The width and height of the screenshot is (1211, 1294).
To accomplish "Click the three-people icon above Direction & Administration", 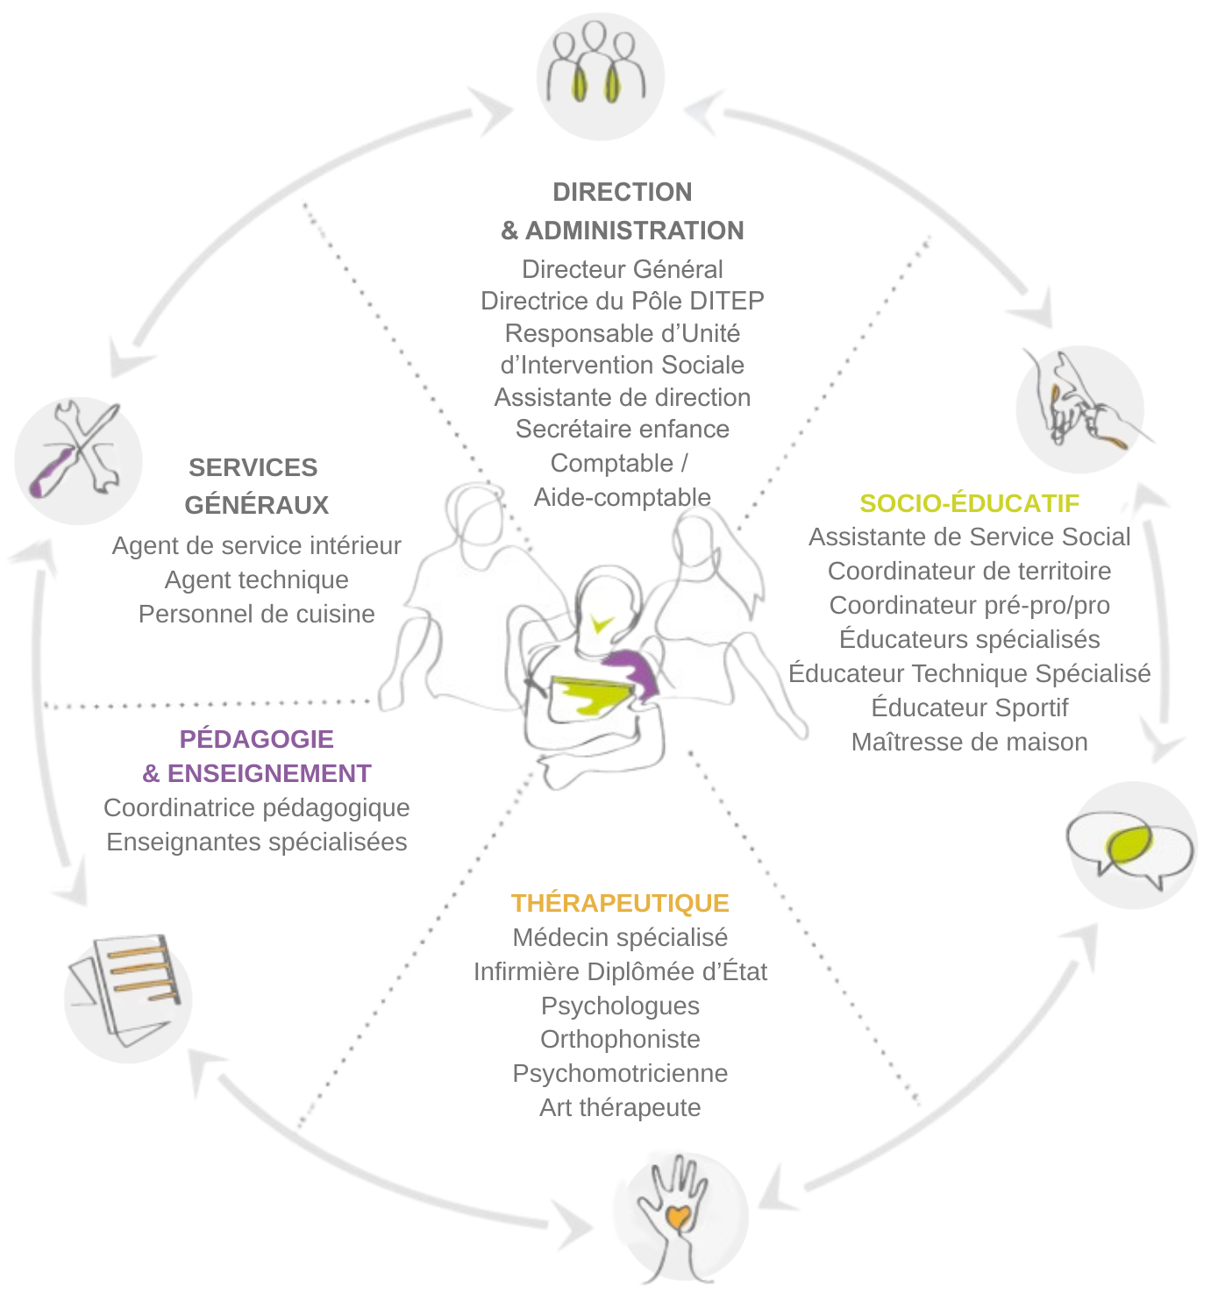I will click(x=600, y=75).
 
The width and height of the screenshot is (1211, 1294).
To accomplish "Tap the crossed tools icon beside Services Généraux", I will click(x=77, y=460).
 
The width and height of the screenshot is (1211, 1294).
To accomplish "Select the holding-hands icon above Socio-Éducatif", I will click(x=1079, y=409).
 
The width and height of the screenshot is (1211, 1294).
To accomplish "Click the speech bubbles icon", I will click(x=1132, y=844).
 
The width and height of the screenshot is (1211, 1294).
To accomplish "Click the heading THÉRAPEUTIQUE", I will click(x=620, y=903).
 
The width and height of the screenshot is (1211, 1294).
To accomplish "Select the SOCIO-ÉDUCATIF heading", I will click(x=969, y=503).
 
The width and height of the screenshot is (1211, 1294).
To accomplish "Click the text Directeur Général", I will click(x=622, y=269).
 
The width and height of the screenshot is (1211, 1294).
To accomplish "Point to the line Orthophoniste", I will click(x=620, y=1039).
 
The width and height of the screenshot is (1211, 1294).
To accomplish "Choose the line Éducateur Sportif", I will click(x=969, y=707).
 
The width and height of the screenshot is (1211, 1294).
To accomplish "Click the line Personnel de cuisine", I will click(x=256, y=614).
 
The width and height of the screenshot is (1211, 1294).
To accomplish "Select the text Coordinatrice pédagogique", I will click(x=256, y=807).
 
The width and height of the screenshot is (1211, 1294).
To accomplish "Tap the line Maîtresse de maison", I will click(x=969, y=742).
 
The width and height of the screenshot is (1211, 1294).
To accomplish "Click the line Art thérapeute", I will click(x=620, y=1107).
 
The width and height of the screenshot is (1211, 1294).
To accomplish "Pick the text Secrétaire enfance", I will click(x=622, y=429).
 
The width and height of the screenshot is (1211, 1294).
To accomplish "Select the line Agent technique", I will click(x=256, y=579).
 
